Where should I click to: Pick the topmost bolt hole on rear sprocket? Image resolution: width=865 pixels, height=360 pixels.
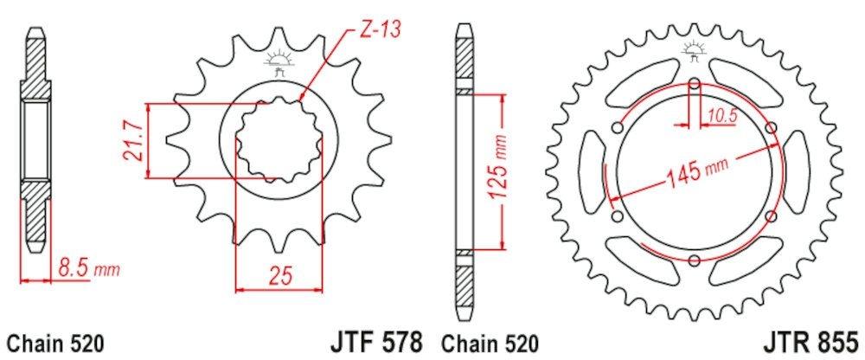695,84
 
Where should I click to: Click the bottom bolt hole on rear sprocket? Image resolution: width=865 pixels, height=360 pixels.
695,260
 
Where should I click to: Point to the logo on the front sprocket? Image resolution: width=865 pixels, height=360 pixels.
279,63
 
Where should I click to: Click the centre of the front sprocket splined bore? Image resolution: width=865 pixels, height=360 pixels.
279,140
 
